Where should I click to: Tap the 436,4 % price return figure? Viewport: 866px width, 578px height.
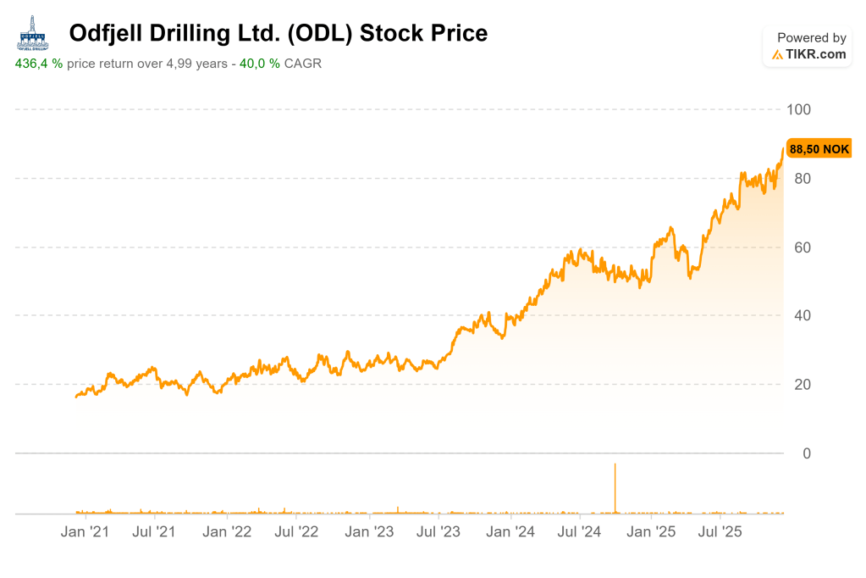[39, 64]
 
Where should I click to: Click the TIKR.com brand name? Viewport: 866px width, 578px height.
[815, 54]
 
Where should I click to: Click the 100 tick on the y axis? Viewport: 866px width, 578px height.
[799, 109]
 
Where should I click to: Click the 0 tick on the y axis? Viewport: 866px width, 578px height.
[806, 453]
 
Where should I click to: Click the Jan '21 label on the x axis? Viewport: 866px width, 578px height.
[85, 532]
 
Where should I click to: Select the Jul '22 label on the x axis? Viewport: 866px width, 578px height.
[296, 532]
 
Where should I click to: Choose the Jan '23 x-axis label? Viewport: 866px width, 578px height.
[369, 532]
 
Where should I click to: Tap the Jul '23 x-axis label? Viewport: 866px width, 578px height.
[438, 532]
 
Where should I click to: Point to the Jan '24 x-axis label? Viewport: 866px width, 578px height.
[510, 532]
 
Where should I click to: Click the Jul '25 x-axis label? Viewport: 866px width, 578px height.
[720, 532]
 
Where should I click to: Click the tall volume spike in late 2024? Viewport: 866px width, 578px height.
[615, 488]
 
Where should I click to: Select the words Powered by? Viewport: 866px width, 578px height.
[811, 37]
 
